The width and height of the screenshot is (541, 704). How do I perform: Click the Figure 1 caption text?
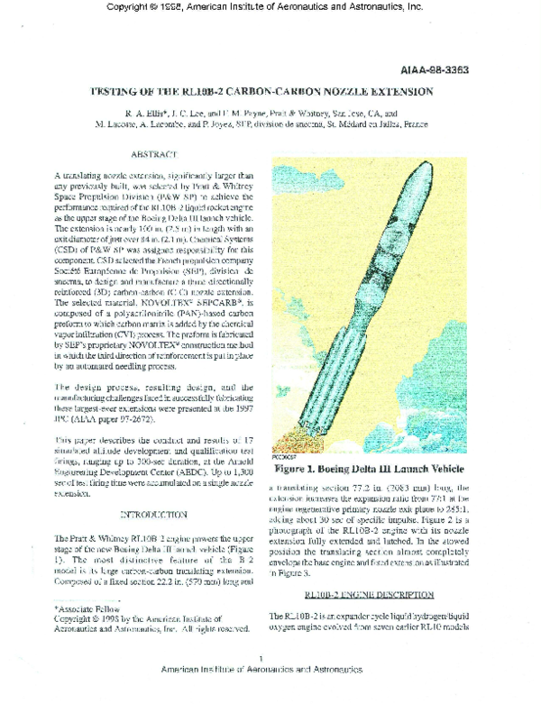[370, 470]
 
